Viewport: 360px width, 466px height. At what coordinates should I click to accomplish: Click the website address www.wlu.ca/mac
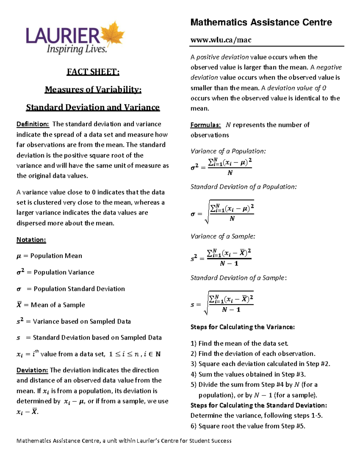tap(221, 40)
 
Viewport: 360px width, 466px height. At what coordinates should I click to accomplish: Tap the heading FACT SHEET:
tap(93, 72)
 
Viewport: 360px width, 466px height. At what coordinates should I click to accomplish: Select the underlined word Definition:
tap(32, 124)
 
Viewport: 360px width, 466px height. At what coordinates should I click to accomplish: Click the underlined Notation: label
tap(31, 240)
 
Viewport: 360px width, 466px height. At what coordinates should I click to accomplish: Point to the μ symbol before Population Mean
tap(19, 256)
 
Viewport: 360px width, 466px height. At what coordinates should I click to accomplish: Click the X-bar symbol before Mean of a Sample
tap(19, 305)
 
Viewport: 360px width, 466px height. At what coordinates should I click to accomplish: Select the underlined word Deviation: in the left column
tap(32, 370)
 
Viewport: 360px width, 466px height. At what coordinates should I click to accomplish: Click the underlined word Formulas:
tap(205, 125)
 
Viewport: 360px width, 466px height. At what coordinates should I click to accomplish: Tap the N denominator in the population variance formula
tap(230, 173)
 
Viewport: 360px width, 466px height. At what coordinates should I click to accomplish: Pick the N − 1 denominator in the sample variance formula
tap(229, 263)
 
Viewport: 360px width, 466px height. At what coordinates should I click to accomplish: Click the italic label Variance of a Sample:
tap(223, 236)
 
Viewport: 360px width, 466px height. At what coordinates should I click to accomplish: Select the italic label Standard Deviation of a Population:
tap(243, 187)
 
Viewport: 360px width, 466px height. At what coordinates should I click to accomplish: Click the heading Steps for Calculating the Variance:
tap(242, 327)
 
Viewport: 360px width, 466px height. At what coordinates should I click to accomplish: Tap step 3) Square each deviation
tap(260, 364)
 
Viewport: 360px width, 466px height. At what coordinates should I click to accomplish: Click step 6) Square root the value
tap(248, 426)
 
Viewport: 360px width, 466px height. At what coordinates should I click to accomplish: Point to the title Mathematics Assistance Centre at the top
tap(261, 23)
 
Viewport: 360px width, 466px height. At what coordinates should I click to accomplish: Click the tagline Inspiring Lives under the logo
tap(76, 49)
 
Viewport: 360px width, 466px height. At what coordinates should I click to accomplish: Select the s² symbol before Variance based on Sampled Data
tap(20, 321)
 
